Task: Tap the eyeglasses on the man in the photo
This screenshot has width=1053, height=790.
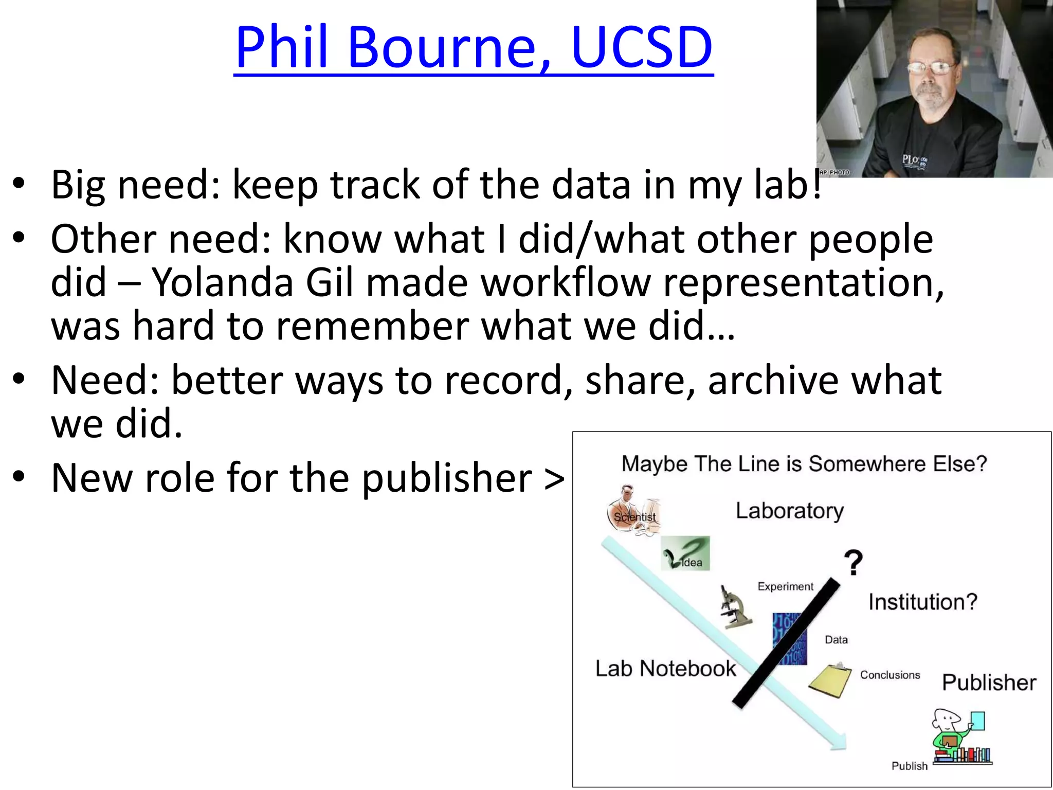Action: point(930,67)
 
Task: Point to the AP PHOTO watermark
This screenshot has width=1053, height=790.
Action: point(834,172)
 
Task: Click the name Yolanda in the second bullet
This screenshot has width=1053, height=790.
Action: point(222,283)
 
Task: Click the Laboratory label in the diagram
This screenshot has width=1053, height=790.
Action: point(789,511)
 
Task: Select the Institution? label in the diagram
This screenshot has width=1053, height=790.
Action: point(922,602)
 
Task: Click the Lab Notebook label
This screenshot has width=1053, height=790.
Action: point(665,669)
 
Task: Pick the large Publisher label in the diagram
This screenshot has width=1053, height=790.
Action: point(988,683)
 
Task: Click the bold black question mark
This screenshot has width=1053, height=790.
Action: point(853,563)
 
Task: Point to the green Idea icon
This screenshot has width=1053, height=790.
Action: point(685,553)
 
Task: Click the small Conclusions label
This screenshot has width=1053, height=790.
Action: point(890,675)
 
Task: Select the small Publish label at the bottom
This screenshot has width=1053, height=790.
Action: point(909,766)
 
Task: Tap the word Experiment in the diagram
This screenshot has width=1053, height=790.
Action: point(785,586)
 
